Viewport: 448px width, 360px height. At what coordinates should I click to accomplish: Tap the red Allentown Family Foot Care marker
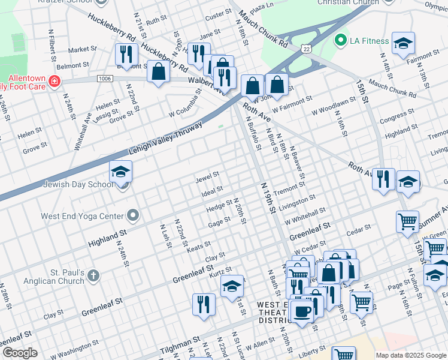coord(55,81)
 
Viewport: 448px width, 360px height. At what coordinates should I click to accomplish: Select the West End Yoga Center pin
coord(133,215)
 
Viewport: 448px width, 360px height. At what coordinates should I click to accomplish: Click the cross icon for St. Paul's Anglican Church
coord(93,275)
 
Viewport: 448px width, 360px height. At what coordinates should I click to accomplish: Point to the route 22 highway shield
coord(306,48)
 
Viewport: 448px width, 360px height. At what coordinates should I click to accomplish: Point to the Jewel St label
coord(207,178)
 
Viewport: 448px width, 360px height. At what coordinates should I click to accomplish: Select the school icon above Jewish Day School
coord(120,173)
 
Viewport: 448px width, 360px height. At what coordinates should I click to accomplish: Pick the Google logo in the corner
coord(20,353)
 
